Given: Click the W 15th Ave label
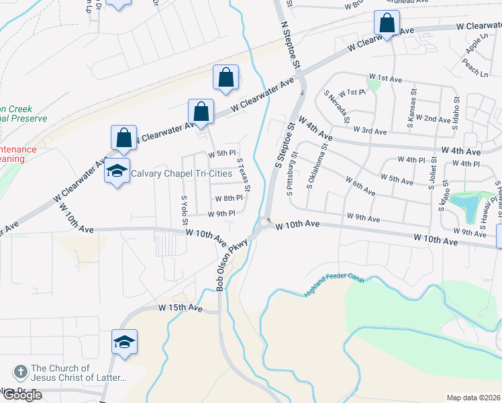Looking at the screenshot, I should [181, 308].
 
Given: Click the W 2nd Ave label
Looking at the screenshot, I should [433, 119].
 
